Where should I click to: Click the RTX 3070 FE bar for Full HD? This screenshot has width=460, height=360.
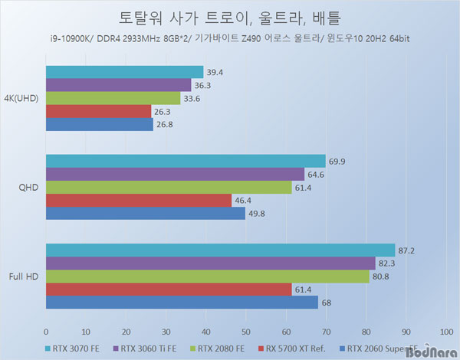(x=221, y=250)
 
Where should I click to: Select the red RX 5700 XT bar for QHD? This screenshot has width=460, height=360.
(x=139, y=201)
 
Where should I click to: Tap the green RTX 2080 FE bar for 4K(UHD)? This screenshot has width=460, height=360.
(x=113, y=98)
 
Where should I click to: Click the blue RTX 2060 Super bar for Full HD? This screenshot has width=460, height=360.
(x=182, y=303)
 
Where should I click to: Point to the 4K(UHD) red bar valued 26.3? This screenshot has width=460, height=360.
(x=99, y=111)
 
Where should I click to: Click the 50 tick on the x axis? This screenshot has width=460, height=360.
(x=246, y=331)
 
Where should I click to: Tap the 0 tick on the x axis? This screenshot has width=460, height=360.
(x=46, y=331)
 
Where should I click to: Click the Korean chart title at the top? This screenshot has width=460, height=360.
(x=230, y=18)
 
